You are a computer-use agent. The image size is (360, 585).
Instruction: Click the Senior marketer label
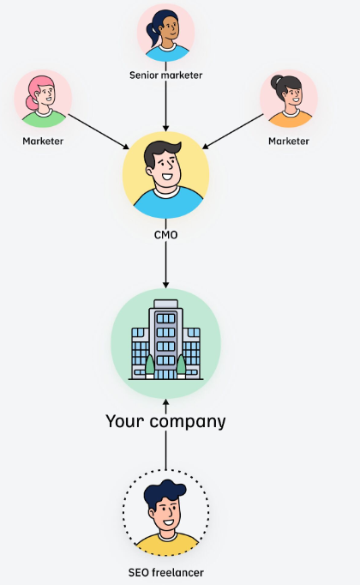pos(165,75)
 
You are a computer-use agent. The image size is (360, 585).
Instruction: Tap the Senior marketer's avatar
pos(165,33)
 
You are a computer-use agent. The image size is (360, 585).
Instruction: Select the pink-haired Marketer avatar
pos(43,99)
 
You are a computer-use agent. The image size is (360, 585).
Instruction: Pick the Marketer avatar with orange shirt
pos(289,99)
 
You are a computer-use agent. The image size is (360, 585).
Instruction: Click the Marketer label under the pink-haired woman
pos(43,141)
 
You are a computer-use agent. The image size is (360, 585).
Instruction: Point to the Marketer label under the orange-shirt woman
pos(289,141)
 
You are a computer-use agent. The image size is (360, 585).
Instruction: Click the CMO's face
pos(165,167)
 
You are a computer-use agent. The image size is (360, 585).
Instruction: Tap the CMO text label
pos(165,235)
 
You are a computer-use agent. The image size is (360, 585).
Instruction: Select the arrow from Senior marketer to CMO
pos(165,106)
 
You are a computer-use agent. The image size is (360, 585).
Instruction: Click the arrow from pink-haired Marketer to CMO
pos(99,132)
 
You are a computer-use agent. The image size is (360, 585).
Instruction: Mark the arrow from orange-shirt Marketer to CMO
pos(232,131)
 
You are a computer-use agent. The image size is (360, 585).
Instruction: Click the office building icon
pos(165,340)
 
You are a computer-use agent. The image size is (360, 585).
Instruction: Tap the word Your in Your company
pos(124,421)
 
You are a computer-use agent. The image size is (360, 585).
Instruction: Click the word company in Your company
pos(188,422)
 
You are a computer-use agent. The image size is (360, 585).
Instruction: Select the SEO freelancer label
pos(165,572)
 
